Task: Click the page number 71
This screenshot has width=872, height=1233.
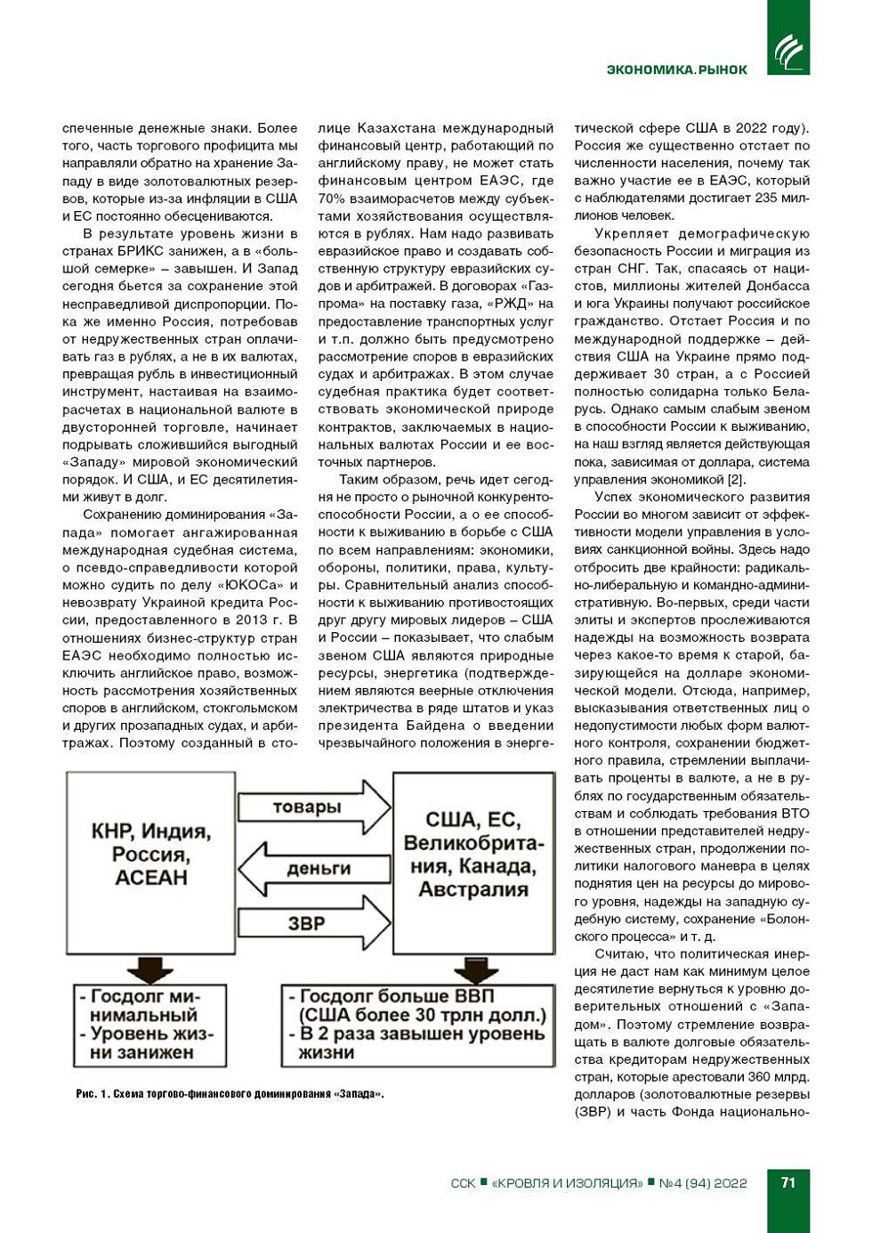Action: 787,1182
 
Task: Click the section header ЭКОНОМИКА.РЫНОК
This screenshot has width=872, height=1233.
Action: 677,69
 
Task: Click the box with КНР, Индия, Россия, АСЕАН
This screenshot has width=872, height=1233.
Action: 150,855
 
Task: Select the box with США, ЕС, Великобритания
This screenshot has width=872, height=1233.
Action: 473,855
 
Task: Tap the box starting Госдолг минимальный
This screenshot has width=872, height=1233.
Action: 149,1025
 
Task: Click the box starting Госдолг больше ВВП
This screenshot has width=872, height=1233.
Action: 417,1025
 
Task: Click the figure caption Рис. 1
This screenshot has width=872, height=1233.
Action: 230,1093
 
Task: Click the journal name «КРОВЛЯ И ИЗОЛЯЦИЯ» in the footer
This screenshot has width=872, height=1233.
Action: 567,1183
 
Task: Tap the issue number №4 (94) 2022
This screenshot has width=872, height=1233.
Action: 703,1183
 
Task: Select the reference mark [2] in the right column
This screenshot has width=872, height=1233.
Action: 736,479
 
